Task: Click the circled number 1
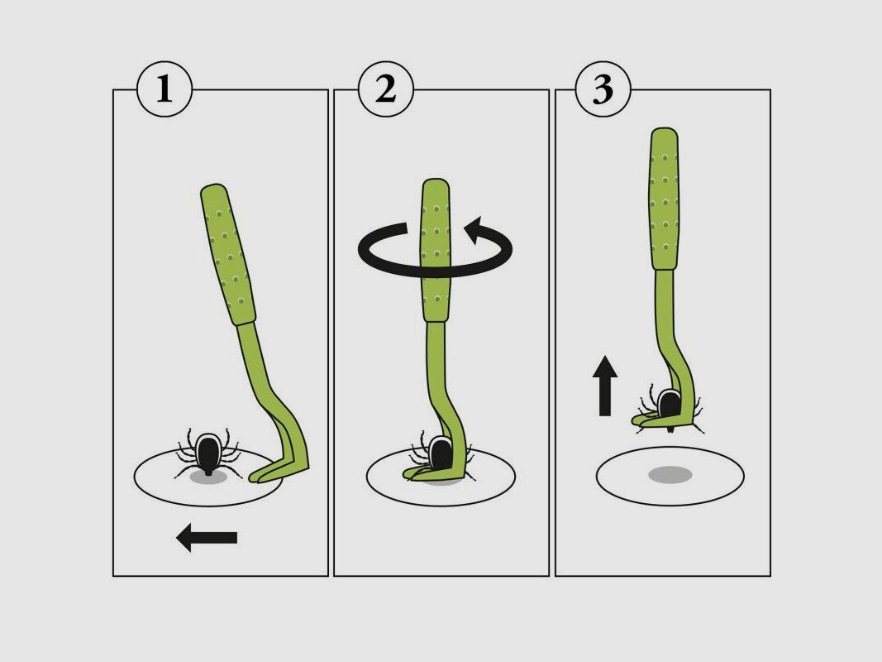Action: tap(164, 89)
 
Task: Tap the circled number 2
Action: tap(385, 89)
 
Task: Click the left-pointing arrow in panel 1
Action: tap(207, 538)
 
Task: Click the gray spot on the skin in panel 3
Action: tap(670, 474)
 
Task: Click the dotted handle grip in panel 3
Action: tap(665, 199)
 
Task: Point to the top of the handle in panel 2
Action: tap(436, 184)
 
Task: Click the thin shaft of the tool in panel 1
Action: tap(265, 372)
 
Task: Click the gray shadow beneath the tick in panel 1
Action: tap(207, 477)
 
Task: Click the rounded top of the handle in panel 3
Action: tap(664, 134)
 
